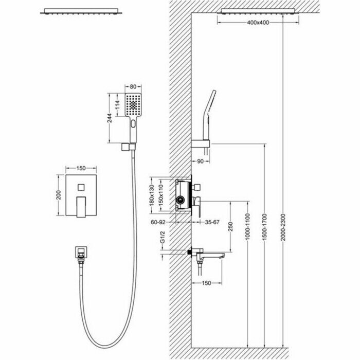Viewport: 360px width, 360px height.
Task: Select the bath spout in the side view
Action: pos(211,254)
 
